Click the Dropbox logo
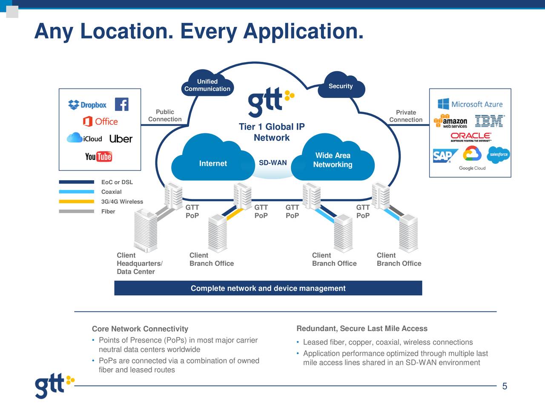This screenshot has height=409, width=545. pyautogui.click(x=87, y=105)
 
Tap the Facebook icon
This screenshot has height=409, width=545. pyautogui.click(x=121, y=104)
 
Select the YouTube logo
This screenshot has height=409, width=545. pyautogui.click(x=98, y=156)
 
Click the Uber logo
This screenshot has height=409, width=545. pyautogui.click(x=121, y=139)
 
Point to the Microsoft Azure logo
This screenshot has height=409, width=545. pyautogui.click(x=470, y=104)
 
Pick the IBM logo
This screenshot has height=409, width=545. pyautogui.click(x=489, y=121)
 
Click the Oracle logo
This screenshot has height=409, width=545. pyautogui.click(x=470, y=136)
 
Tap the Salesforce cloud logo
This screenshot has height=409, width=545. pyautogui.click(x=498, y=154)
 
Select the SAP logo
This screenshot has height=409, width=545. pyautogui.click(x=444, y=156)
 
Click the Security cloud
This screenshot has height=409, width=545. pyautogui.click(x=341, y=86)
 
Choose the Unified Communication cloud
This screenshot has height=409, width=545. pyautogui.click(x=207, y=85)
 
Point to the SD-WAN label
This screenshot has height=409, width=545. pyautogui.click(x=272, y=163)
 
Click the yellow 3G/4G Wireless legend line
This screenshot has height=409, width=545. pyautogui.click(x=76, y=202)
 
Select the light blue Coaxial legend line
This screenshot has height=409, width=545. pyautogui.click(x=76, y=192)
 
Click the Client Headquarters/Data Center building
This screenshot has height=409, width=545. pyautogui.click(x=145, y=230)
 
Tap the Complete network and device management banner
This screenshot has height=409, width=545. pyautogui.click(x=268, y=288)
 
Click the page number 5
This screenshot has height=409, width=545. pyautogui.click(x=505, y=386)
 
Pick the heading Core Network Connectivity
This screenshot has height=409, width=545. pyautogui.click(x=140, y=329)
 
